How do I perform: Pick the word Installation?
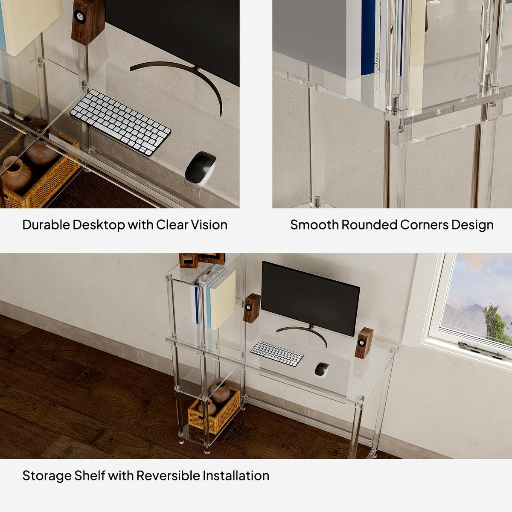[x=236, y=476]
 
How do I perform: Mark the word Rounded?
[x=369, y=225]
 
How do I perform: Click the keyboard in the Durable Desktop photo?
[x=120, y=122]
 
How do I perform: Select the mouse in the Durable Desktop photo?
[x=201, y=168]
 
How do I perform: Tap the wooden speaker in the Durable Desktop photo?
[x=88, y=21]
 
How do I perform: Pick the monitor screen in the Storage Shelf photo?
[x=310, y=298]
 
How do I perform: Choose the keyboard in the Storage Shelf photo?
[x=277, y=354]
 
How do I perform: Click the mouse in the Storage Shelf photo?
[x=322, y=369]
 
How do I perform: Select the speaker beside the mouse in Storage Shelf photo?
[x=364, y=343]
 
